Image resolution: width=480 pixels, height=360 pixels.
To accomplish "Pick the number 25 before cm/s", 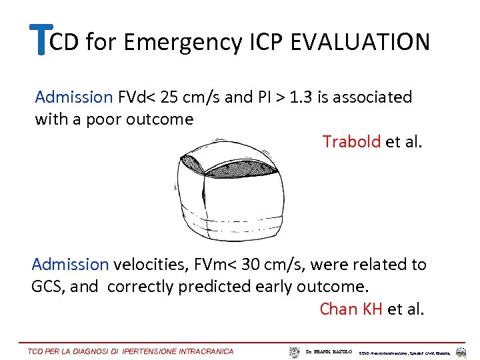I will [171, 97].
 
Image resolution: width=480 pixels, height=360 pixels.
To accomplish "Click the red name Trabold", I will [352, 141].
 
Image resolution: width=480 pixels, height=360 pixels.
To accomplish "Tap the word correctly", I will [141, 287].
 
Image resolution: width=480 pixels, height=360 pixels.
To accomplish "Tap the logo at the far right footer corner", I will [461, 351].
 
